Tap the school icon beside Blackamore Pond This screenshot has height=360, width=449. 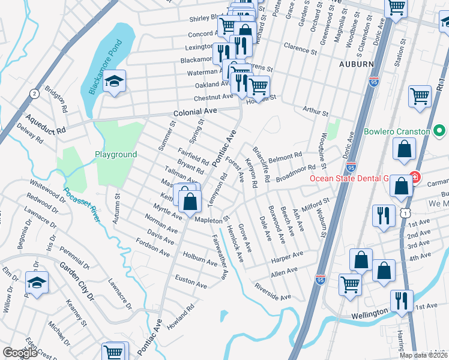point(113,82)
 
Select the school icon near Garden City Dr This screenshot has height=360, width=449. point(37,284)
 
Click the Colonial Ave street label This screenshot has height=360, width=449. point(194,112)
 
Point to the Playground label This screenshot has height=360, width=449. point(116,154)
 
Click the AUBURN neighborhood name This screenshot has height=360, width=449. point(356,64)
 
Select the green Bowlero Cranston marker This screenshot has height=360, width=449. point(439,131)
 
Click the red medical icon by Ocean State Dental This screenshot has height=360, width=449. point(414,178)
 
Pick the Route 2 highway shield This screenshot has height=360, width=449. point(34,94)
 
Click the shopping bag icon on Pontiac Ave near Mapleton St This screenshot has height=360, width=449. point(190,202)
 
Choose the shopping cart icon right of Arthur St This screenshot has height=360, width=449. point(420,97)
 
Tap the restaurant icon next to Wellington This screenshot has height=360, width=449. point(402,301)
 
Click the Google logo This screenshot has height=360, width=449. point(20,353)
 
